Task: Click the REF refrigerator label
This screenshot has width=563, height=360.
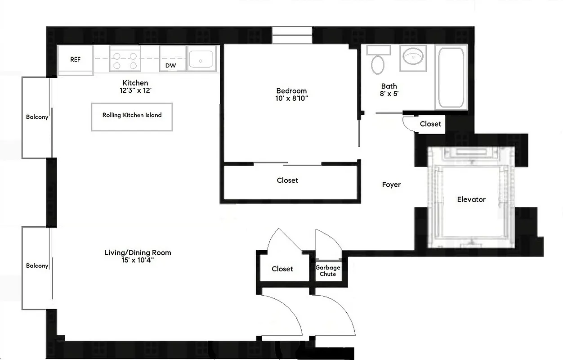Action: (x=75, y=59)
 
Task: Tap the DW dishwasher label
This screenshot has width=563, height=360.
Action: (x=170, y=66)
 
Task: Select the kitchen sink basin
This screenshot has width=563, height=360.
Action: (x=201, y=59)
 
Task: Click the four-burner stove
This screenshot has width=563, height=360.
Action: (x=125, y=60)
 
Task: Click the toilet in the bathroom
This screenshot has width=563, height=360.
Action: (x=377, y=61)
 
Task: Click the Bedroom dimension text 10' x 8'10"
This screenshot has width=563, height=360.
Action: (x=291, y=98)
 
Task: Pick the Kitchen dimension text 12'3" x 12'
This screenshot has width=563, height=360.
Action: (x=135, y=90)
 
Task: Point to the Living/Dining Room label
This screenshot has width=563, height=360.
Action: (x=138, y=252)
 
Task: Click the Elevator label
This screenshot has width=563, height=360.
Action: (x=471, y=199)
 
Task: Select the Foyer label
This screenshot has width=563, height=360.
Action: (x=391, y=184)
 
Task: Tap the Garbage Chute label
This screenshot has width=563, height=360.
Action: (x=327, y=270)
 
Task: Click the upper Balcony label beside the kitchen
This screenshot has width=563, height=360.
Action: (x=37, y=117)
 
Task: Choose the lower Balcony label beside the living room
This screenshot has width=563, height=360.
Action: (x=37, y=266)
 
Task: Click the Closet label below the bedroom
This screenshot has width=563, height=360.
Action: (x=287, y=180)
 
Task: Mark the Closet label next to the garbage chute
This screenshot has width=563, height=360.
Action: (x=282, y=269)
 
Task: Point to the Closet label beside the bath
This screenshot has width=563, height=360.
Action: (x=430, y=124)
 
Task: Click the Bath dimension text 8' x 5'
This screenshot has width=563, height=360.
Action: (x=389, y=94)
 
